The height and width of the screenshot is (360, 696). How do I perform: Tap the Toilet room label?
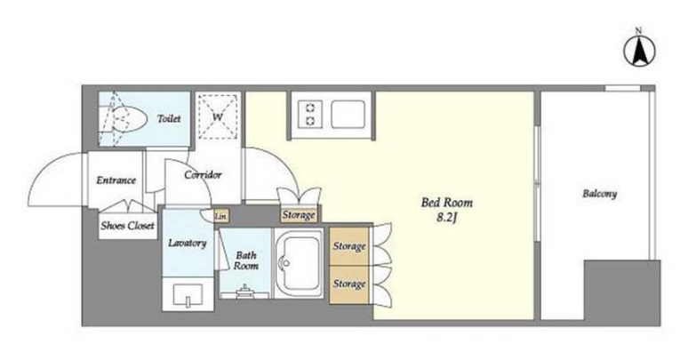click(x=169, y=118)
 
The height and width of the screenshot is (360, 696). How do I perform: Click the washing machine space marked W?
click(x=218, y=117)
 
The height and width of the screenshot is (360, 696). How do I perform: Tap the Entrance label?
click(x=116, y=180)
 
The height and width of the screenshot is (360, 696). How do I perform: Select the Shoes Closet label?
click(x=127, y=226)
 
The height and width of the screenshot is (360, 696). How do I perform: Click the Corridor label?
click(x=203, y=174)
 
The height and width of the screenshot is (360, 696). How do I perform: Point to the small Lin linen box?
click(x=221, y=216)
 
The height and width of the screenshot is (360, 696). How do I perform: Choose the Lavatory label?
click(x=188, y=244)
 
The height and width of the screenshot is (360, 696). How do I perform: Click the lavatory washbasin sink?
click(x=188, y=295)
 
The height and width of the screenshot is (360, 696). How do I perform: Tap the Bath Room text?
click(x=246, y=260)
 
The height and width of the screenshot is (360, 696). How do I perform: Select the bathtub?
click(x=299, y=263)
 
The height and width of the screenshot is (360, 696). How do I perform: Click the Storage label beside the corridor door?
click(x=299, y=215)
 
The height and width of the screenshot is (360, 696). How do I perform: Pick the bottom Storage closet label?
click(x=349, y=284)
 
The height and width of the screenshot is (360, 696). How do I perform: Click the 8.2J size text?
click(x=446, y=219)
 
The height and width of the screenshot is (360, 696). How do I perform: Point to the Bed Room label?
click(x=447, y=203)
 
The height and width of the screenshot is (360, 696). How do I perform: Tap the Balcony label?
click(x=600, y=194)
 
